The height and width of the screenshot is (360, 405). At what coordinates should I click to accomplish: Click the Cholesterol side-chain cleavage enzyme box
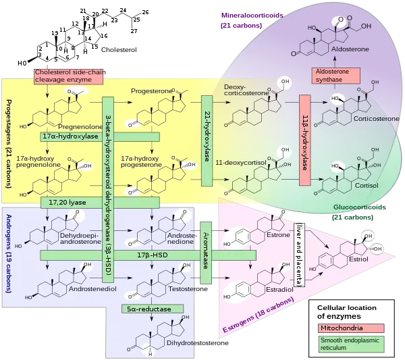(67, 76)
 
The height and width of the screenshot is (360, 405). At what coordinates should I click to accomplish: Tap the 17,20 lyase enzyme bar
(67, 202)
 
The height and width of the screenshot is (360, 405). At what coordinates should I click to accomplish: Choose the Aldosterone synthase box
(335, 76)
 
